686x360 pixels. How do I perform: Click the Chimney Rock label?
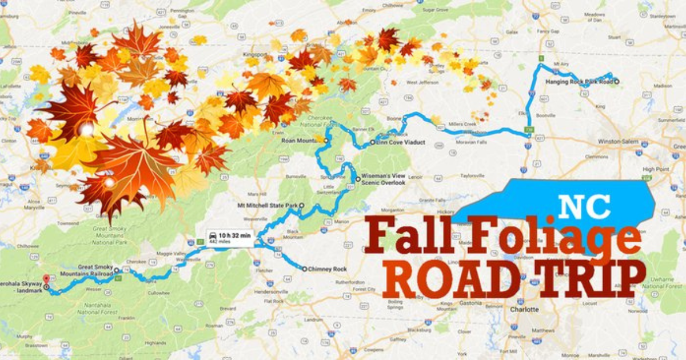[324, 269]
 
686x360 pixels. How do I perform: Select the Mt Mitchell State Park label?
[268, 205]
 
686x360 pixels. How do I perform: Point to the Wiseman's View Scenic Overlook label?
[383, 179]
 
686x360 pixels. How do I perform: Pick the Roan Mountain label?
[301, 139]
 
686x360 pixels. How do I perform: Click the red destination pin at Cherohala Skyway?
[46, 270]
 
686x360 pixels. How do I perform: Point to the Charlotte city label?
[525, 309]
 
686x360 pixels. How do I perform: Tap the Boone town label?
[395, 118]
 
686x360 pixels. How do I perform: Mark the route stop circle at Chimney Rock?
[304, 269]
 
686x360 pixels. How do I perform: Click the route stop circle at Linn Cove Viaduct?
[372, 142]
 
